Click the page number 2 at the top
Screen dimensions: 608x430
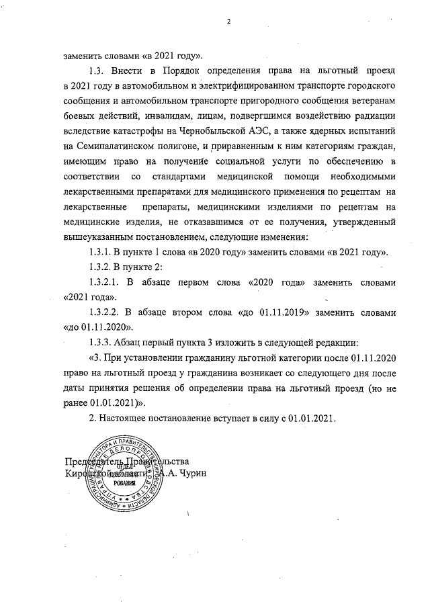(229, 21)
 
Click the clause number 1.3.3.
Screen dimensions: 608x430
(102, 342)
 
